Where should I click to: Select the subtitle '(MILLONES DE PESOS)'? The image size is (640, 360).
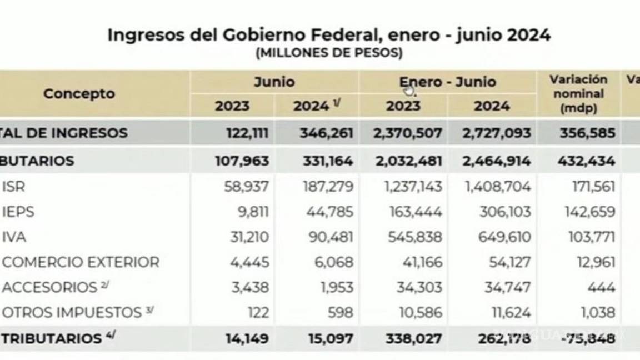[329, 54]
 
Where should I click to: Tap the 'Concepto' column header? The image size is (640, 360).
[79, 94]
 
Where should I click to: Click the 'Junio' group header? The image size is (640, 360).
[274, 82]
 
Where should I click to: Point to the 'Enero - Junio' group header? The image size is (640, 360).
[447, 82]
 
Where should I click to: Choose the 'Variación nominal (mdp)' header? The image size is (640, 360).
[578, 93]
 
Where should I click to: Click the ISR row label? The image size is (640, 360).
[14, 187]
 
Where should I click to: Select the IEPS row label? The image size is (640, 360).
[18, 212]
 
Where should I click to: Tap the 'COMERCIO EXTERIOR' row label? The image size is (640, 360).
[81, 262]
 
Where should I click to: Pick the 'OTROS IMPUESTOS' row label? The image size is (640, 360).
[72, 312]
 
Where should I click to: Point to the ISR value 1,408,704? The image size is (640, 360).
[498, 187]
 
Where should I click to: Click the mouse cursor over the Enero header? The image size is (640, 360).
[409, 91]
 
